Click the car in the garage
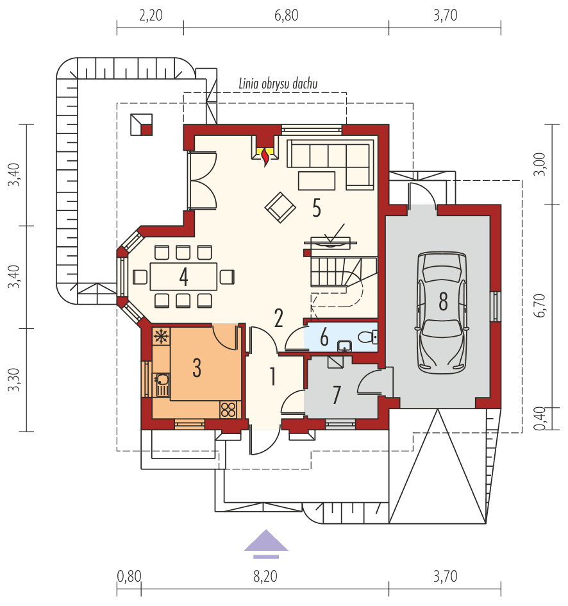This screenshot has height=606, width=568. tap(442, 313)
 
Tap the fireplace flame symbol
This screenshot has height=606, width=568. tap(264, 156)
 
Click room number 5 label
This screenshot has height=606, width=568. tap(317, 207)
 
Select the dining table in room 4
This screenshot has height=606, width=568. tap(183, 276)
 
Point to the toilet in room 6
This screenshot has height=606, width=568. tap(367, 336)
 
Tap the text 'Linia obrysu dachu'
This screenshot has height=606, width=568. tap(278, 83)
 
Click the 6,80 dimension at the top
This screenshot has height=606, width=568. tap(286, 16)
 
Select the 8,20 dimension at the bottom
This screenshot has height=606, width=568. tap(265, 576)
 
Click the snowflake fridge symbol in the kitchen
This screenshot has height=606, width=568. tap(161, 335)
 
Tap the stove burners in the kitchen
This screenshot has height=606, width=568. tap(228, 408)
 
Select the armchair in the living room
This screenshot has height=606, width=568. tap(280, 206)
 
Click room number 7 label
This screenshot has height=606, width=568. tap(337, 395)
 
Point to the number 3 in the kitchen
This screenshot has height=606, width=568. tap(197, 367)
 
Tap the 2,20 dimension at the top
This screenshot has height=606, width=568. tap(150, 16)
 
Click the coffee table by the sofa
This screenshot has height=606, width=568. tap(317, 180)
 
